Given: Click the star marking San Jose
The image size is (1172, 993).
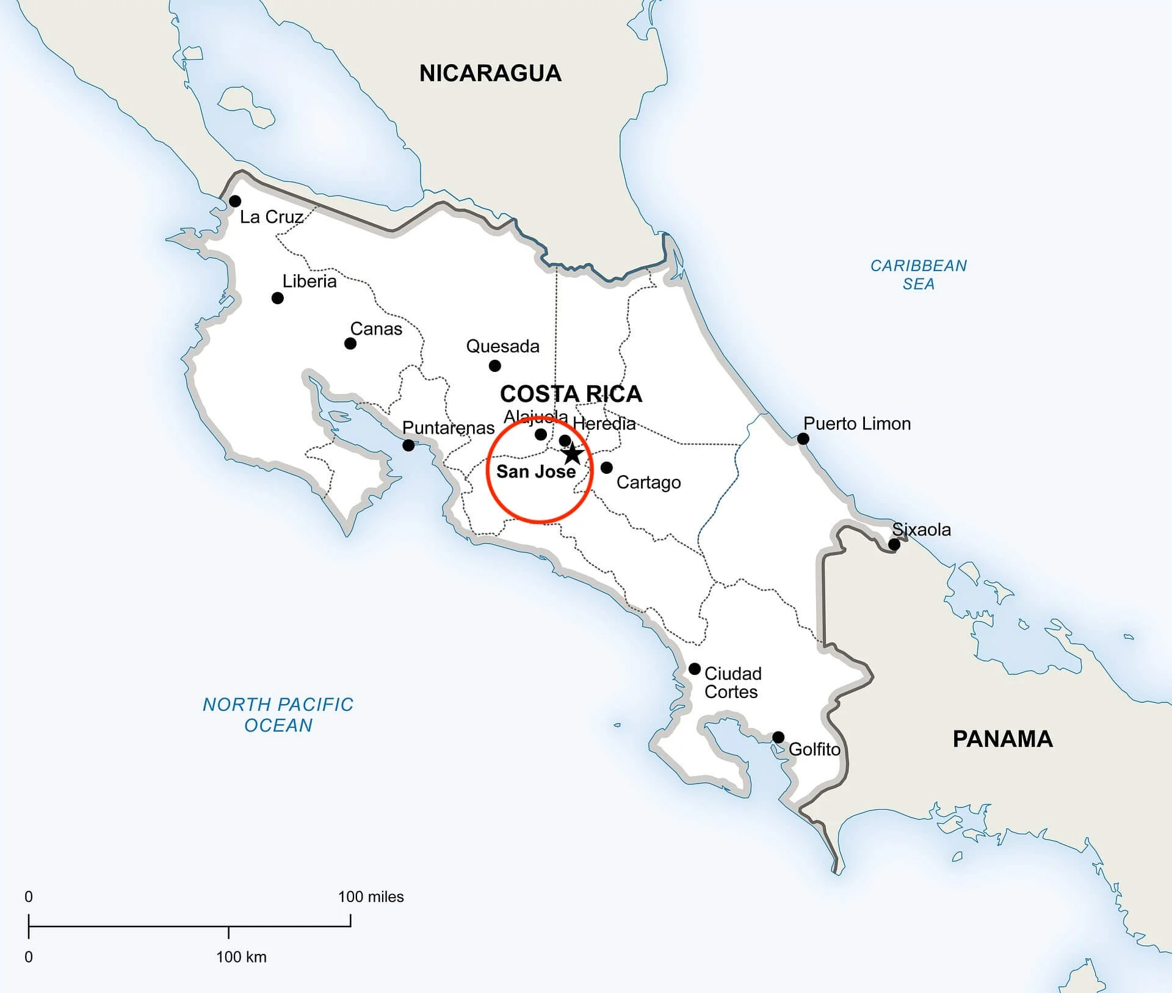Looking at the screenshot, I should (x=572, y=454).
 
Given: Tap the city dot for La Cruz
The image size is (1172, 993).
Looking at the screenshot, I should (x=235, y=201).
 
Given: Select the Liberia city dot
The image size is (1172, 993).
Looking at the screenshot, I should (x=278, y=298).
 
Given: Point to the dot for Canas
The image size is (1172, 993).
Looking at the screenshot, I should (x=350, y=343).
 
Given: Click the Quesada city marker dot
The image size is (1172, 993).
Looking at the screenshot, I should (x=495, y=366).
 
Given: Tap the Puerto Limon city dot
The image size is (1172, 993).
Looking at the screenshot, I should (x=803, y=438).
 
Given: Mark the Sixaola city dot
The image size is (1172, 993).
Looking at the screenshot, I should (x=894, y=544).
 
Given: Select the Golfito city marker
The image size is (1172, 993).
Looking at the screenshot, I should (x=778, y=737).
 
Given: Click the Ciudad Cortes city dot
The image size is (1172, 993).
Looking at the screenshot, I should (x=695, y=669).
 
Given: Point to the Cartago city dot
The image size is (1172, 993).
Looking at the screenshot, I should (x=607, y=467).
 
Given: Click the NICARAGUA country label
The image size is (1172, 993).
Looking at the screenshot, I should (x=490, y=73).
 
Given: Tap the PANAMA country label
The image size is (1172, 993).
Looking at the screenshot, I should (x=1003, y=739).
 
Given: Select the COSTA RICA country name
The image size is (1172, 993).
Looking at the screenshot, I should (x=571, y=394).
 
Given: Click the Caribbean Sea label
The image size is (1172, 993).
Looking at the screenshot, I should (x=918, y=274).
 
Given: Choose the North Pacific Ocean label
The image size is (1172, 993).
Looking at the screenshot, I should (x=278, y=715).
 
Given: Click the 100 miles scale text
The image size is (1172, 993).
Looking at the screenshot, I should (x=371, y=897).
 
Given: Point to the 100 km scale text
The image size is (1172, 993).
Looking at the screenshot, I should (x=241, y=956).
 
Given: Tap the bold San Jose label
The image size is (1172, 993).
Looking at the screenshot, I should (x=536, y=471).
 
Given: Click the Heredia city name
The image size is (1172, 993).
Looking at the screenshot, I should (x=604, y=423).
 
